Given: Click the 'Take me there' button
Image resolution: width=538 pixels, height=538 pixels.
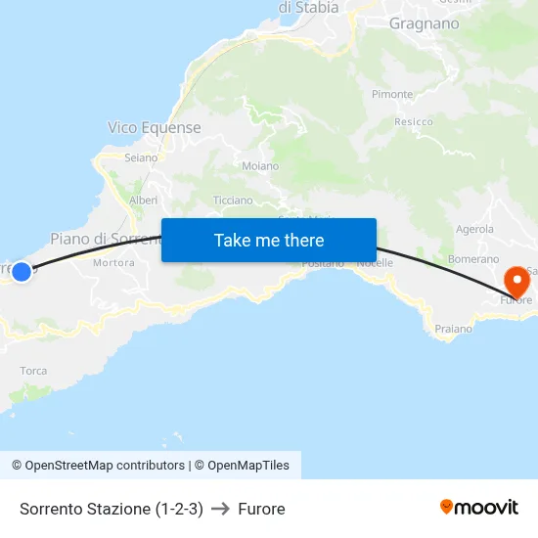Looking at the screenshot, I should [269, 240].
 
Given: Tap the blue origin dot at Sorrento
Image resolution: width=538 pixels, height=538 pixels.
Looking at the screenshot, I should [21, 271].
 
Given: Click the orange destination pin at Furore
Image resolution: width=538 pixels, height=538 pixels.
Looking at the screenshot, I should [516, 282].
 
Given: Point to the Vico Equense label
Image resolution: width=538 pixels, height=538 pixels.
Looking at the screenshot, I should [155, 128].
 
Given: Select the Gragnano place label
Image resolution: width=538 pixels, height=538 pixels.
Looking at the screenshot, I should [424, 23].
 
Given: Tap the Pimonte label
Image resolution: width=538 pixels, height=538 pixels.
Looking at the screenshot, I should [392, 94].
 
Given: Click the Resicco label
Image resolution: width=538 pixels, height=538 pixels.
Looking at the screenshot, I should [414, 122].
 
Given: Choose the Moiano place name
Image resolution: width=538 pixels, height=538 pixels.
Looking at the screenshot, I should [260, 166].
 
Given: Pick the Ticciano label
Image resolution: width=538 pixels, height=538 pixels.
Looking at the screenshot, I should [233, 200].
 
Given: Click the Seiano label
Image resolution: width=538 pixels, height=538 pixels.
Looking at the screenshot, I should [141, 157].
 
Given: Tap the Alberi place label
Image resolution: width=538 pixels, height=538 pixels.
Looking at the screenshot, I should [143, 200].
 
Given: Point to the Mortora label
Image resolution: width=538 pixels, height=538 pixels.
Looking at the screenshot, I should [113, 263].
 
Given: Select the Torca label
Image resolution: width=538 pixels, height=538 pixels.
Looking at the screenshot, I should [33, 371].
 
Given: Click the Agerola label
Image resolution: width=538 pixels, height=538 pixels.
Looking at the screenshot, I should [474, 229].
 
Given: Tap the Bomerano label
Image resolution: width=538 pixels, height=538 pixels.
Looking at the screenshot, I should [473, 259].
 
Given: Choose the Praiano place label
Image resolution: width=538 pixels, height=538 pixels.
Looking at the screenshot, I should [453, 329].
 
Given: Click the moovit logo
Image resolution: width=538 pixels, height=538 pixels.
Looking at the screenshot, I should [478, 507].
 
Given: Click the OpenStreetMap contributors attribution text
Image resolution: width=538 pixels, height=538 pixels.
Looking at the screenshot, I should [105, 466].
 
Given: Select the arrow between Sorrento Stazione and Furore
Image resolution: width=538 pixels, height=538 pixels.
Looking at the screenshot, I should [220, 509].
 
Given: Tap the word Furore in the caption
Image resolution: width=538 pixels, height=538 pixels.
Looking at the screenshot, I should [261, 509].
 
